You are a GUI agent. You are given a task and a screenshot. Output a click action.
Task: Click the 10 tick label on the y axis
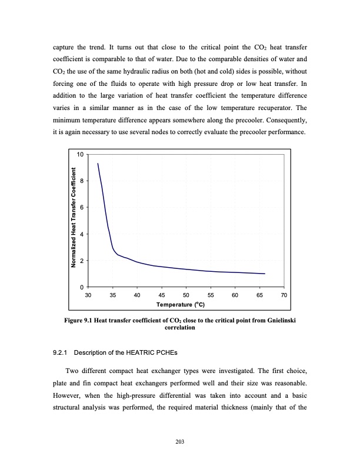(x=81, y=154)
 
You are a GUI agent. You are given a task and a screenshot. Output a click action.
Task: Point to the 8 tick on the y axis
(x=82, y=181)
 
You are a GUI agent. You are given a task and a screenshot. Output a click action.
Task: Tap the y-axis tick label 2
(x=82, y=261)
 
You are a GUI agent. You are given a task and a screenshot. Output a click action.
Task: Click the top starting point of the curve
(x=98, y=164)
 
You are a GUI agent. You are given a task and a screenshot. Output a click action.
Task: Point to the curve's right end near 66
(x=265, y=274)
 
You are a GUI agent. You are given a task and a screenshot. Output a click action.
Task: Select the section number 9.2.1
(x=62, y=353)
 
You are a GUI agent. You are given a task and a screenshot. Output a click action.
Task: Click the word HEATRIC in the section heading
(x=144, y=353)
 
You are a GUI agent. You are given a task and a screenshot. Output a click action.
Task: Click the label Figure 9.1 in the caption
(x=80, y=321)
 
